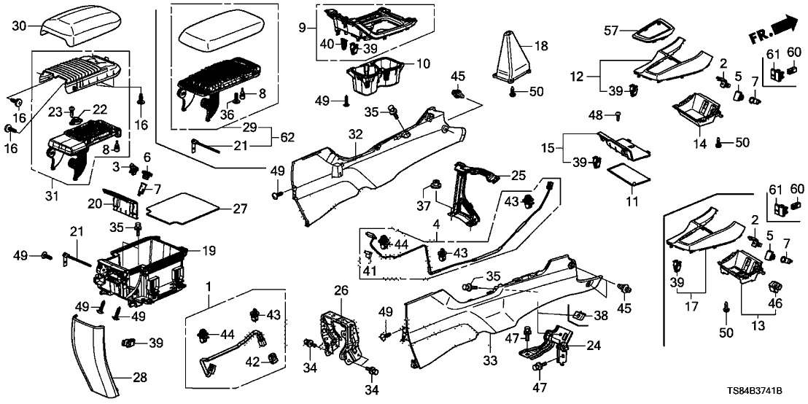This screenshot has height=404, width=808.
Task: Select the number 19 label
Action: click(x=209, y=250)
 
